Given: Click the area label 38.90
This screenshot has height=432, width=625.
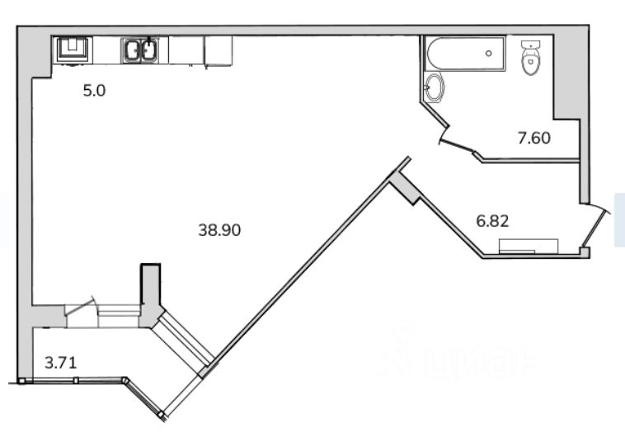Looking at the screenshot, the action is pos(219,230).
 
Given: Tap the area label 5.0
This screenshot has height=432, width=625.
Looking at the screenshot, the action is pos(94,91).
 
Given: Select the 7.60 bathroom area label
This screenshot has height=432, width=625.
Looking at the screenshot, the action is pos(534,138).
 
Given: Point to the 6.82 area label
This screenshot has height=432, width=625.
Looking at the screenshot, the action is pos(493,221).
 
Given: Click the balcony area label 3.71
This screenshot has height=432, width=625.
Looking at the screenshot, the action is pos(60,363).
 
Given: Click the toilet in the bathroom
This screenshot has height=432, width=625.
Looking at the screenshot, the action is pos(530,58).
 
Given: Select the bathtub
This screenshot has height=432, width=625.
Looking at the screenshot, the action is pos(465,54).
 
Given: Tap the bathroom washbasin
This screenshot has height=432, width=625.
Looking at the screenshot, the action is pos(434,87).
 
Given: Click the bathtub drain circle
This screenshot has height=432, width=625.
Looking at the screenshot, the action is pos(489,54).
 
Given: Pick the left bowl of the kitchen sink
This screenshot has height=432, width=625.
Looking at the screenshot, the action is pos(132,51).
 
